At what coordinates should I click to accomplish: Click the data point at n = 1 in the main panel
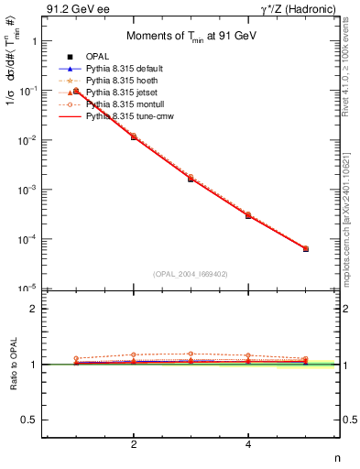pyautogui.click(x=76, y=91)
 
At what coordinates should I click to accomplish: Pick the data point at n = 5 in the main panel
pyautogui.click(x=306, y=248)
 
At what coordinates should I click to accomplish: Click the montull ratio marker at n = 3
pyautogui.click(x=191, y=354)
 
